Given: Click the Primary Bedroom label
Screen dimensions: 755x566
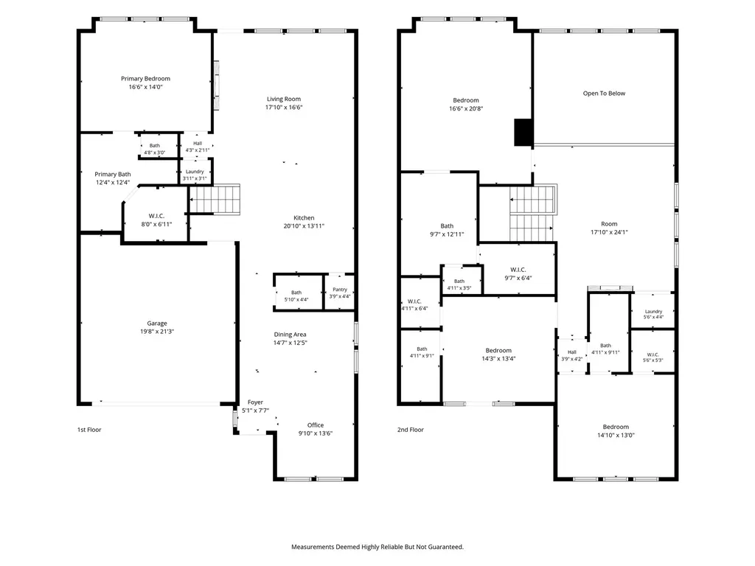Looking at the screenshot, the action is pyautogui.click(x=145, y=78).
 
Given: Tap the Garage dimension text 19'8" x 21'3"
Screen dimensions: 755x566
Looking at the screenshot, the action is pyautogui.click(x=157, y=332).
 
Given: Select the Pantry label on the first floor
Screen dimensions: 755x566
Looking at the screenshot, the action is pyautogui.click(x=340, y=289).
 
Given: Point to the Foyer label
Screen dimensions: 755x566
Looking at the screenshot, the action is pyautogui.click(x=255, y=402).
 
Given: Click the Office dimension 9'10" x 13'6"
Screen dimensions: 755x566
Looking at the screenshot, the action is pyautogui.click(x=316, y=433).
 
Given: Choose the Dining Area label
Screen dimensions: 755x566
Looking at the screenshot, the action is pyautogui.click(x=290, y=335).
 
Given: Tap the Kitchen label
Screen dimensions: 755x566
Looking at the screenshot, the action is pyautogui.click(x=304, y=217).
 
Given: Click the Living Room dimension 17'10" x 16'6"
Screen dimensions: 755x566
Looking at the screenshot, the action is pyautogui.click(x=284, y=108).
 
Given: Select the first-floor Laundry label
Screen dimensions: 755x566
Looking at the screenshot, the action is pyautogui.click(x=195, y=171).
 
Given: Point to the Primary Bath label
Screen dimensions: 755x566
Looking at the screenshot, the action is pyautogui.click(x=113, y=174).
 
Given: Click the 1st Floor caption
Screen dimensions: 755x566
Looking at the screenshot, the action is pyautogui.click(x=89, y=430).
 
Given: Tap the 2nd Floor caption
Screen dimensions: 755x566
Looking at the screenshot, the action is pyautogui.click(x=410, y=430).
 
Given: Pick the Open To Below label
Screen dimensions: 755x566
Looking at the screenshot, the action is pyautogui.click(x=604, y=94).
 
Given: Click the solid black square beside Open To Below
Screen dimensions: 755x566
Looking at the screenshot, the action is pyautogui.click(x=523, y=133).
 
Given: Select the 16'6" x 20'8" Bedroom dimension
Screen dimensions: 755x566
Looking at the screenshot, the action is pyautogui.click(x=466, y=109).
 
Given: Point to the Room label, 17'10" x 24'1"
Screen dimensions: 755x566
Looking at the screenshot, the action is pyautogui.click(x=609, y=224).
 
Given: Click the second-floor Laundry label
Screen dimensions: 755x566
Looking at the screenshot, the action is pyautogui.click(x=653, y=312).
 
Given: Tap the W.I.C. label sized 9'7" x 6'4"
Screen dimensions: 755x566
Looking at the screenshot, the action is pyautogui.click(x=518, y=270).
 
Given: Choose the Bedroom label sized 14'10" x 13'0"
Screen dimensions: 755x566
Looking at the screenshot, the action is pyautogui.click(x=616, y=427).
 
